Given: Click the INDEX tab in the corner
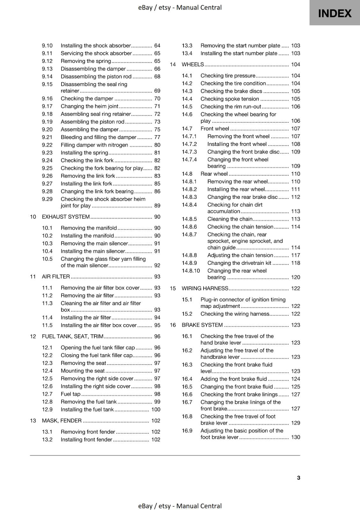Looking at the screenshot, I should click(x=335, y=13).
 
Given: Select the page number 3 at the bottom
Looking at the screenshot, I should click(x=298, y=477).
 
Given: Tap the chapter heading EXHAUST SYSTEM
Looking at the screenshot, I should click(x=66, y=217).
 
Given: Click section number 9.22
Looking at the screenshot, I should click(x=47, y=145).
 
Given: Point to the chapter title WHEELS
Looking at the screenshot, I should click(x=192, y=64).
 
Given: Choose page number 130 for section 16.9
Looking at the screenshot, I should click(x=295, y=437).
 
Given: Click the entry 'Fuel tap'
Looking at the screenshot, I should click(x=70, y=394).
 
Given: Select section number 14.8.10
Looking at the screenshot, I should click(x=191, y=271).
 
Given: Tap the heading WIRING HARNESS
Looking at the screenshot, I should click(x=205, y=288).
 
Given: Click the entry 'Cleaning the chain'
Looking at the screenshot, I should click(x=230, y=219).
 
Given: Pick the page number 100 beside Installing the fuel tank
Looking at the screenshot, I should click(x=155, y=409).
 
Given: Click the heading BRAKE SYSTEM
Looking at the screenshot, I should click(x=202, y=325).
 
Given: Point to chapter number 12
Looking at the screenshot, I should click(x=33, y=336).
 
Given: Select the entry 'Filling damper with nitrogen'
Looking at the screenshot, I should click(x=94, y=145).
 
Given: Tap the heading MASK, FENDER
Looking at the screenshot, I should click(x=61, y=420).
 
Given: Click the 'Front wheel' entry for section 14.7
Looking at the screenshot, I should click(x=215, y=128).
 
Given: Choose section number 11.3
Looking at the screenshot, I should click(x=47, y=303).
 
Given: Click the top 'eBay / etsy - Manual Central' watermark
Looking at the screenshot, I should click(x=180, y=7).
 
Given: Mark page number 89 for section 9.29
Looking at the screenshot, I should click(x=157, y=206).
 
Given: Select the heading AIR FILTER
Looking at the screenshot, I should click(x=56, y=276).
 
